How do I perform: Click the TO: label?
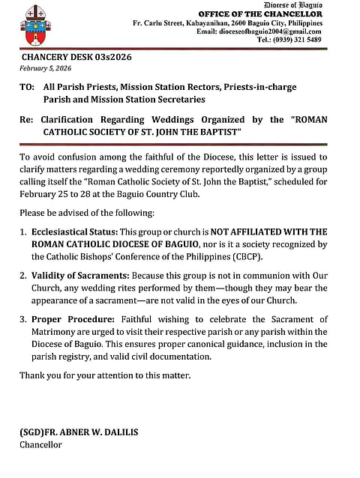pyautogui.click(x=27, y=88)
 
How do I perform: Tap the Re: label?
pyautogui.click(x=27, y=120)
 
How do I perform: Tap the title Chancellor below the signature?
pyautogui.click(x=41, y=445)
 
